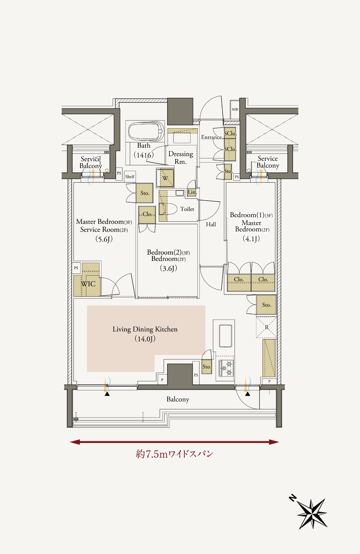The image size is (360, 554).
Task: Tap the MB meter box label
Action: click(x=235, y=109)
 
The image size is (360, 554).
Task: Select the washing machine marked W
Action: click(x=165, y=178)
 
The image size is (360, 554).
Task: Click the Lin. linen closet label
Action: click(x=192, y=192)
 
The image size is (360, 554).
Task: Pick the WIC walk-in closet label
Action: click(x=88, y=284)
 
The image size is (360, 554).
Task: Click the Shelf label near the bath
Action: click(x=130, y=177)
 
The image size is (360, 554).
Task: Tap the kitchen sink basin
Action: click(x=226, y=336)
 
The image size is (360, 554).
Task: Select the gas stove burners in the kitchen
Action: click(x=226, y=368)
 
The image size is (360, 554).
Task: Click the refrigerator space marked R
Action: click(x=266, y=327)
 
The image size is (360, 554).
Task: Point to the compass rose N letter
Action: click(x=292, y=498)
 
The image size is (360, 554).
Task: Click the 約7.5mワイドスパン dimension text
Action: click(x=175, y=454)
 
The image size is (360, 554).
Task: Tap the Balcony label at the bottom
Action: click(x=178, y=399)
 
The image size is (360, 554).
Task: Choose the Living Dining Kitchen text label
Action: click(x=145, y=329)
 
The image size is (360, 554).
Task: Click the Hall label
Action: click(x=211, y=224)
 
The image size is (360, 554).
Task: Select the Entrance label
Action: click(x=211, y=137)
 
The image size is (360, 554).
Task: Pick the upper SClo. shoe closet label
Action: click(x=230, y=134)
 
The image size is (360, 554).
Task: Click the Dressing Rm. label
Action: click(x=181, y=158)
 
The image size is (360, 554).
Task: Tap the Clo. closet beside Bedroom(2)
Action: click(x=147, y=214)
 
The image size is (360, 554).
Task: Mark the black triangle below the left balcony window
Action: click(x=107, y=394)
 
